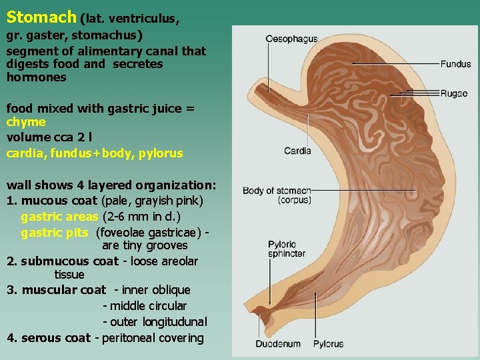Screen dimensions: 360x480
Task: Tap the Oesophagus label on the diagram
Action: click(x=291, y=39)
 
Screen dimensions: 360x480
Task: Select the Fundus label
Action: click(x=455, y=64)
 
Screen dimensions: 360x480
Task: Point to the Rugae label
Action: click(x=454, y=93)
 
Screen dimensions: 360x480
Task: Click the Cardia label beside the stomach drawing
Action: click(x=297, y=151)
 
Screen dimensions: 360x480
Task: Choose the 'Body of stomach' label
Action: click(x=277, y=191)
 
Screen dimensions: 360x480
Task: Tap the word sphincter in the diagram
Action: click(x=287, y=253)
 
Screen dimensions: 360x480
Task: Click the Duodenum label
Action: click(x=278, y=344)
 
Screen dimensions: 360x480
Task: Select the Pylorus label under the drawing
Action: click(x=328, y=344)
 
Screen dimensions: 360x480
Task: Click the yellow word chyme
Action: click(x=26, y=122)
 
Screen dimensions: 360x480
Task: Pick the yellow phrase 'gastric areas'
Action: click(x=59, y=216)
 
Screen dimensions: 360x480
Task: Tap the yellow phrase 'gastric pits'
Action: click(x=55, y=232)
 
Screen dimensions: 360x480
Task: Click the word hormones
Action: click(x=36, y=77)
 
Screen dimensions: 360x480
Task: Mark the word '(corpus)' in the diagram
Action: click(x=295, y=200)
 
